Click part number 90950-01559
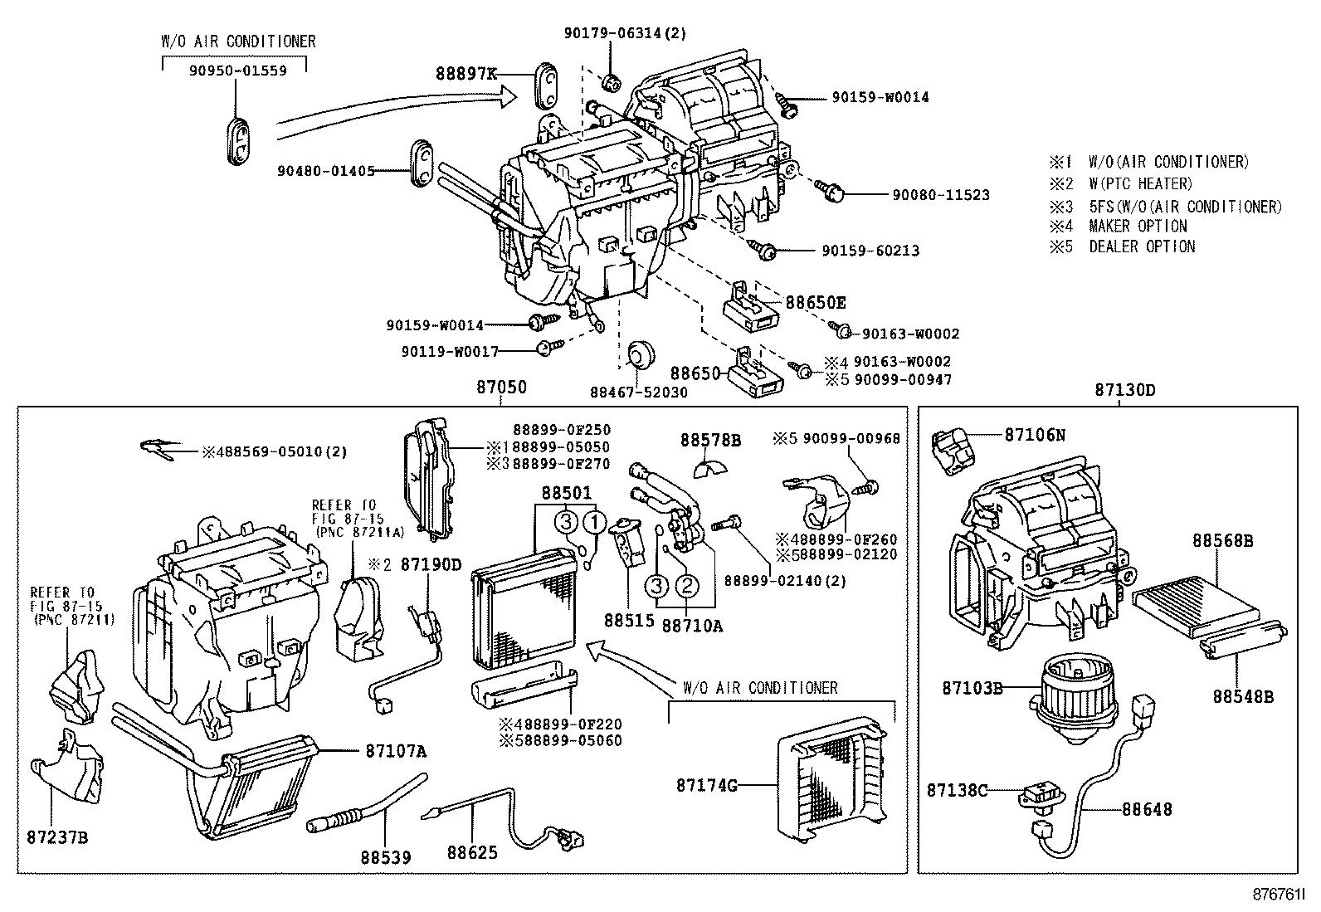[x=237, y=71]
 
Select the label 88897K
[x=466, y=74]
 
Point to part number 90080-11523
[x=941, y=195]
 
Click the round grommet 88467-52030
[x=640, y=354]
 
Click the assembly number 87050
[x=501, y=388]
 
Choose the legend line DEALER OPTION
[x=1142, y=246]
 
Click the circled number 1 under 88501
[x=594, y=522]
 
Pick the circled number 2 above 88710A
[x=688, y=587]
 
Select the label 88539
[x=386, y=856]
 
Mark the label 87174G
[x=706, y=785]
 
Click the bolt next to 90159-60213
[x=765, y=249]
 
